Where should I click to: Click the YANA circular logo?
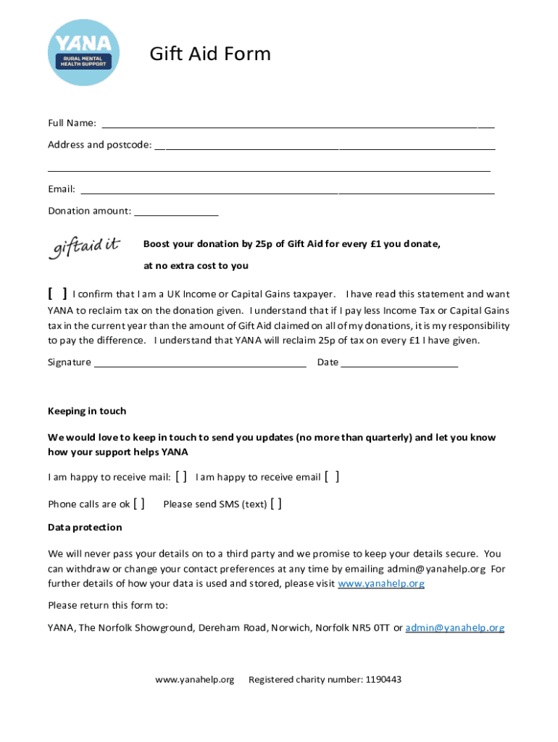click(82, 53)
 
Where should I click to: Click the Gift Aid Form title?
click(209, 54)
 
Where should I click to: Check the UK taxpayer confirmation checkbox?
click(57, 293)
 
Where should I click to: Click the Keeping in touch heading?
click(87, 411)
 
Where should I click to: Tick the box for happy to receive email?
click(332, 476)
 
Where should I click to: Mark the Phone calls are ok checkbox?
click(140, 504)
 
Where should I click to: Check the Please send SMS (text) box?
click(276, 504)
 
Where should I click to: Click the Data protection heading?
click(85, 527)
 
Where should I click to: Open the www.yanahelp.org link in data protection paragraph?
click(381, 583)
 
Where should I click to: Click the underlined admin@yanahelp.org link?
click(454, 628)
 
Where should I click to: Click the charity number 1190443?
click(383, 680)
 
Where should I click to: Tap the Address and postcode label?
click(99, 145)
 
